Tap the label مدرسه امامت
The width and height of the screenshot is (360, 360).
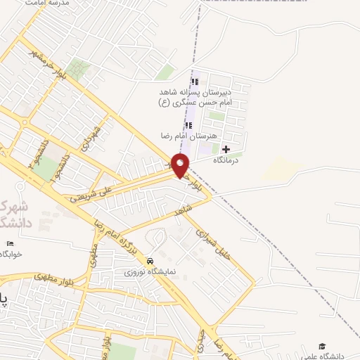pyautogui.click(x=51, y=4)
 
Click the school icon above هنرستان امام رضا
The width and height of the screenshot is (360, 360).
pyautogui.click(x=188, y=124)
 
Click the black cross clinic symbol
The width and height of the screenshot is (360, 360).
pyautogui.click(x=226, y=149)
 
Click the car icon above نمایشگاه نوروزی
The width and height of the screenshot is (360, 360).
pyautogui.click(x=150, y=260)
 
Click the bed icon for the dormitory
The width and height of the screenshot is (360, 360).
pyautogui.click(x=9, y=243)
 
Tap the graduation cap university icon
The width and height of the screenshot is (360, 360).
pyautogui.click(x=322, y=347)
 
